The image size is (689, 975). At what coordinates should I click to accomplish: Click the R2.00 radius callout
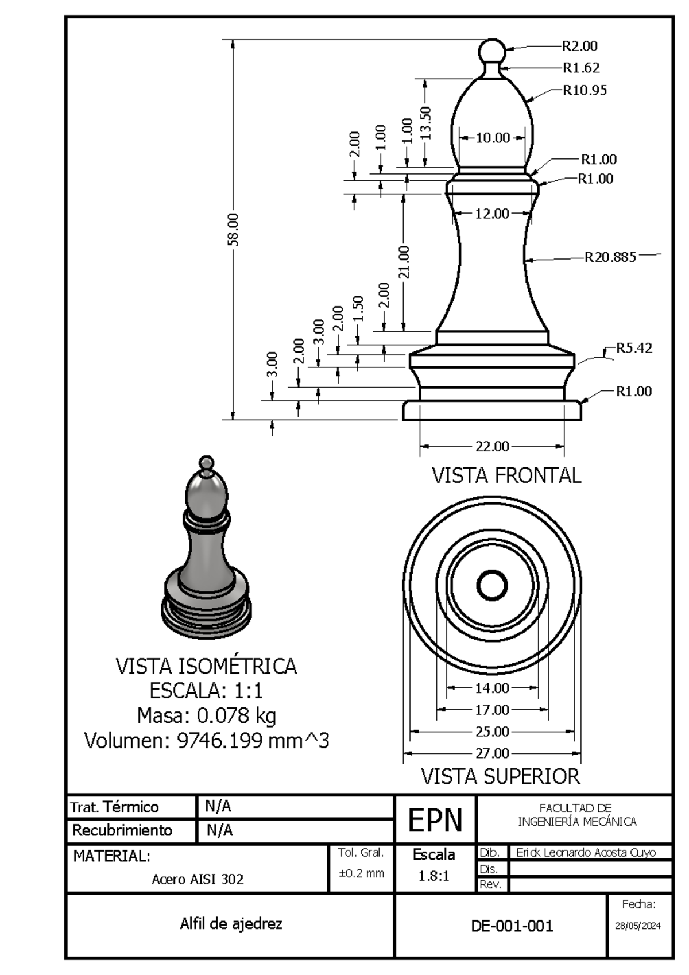(x=579, y=46)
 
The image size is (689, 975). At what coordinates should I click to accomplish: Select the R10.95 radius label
(x=585, y=90)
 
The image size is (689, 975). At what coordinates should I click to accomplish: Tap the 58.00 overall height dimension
(x=233, y=229)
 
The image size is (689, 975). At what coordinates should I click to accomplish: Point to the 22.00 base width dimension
(x=492, y=446)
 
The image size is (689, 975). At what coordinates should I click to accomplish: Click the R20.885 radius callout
(x=610, y=257)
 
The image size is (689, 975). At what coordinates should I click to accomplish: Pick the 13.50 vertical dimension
(x=425, y=122)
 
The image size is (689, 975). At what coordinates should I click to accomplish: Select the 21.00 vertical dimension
(x=404, y=262)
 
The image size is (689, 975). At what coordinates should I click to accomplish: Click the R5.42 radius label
(x=634, y=348)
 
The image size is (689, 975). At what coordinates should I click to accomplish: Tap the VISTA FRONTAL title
(x=506, y=475)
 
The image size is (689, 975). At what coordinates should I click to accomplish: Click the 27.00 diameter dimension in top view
(x=492, y=753)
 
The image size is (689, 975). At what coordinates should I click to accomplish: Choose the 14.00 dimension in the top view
(x=492, y=687)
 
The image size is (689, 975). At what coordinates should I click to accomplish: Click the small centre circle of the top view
(x=492, y=586)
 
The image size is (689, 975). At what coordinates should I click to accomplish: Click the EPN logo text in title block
(x=435, y=820)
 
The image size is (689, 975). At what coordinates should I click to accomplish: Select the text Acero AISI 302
(x=198, y=879)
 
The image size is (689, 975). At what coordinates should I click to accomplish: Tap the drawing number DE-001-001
(x=512, y=926)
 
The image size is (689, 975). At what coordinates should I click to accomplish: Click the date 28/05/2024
(x=637, y=926)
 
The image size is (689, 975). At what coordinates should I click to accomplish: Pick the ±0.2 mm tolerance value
(x=361, y=873)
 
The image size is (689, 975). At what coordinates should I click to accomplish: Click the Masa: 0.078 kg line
(x=207, y=715)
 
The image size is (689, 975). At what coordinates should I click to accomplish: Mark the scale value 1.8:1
(x=433, y=876)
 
